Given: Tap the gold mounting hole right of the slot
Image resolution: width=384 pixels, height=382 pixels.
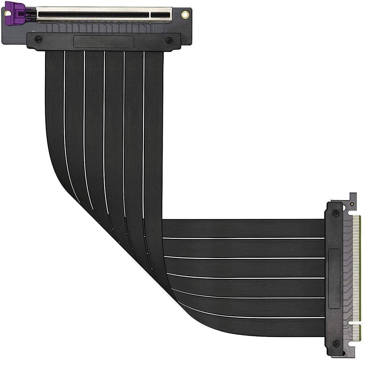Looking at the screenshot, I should (185, 15).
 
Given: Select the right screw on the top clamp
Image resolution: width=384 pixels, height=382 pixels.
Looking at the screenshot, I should (168, 40).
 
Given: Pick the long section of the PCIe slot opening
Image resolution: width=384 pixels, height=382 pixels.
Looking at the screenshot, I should (94, 15).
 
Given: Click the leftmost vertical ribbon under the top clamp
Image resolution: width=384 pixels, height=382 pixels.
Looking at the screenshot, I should (55, 109).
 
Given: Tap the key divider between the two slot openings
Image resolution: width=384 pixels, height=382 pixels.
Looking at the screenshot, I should (150, 15).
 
